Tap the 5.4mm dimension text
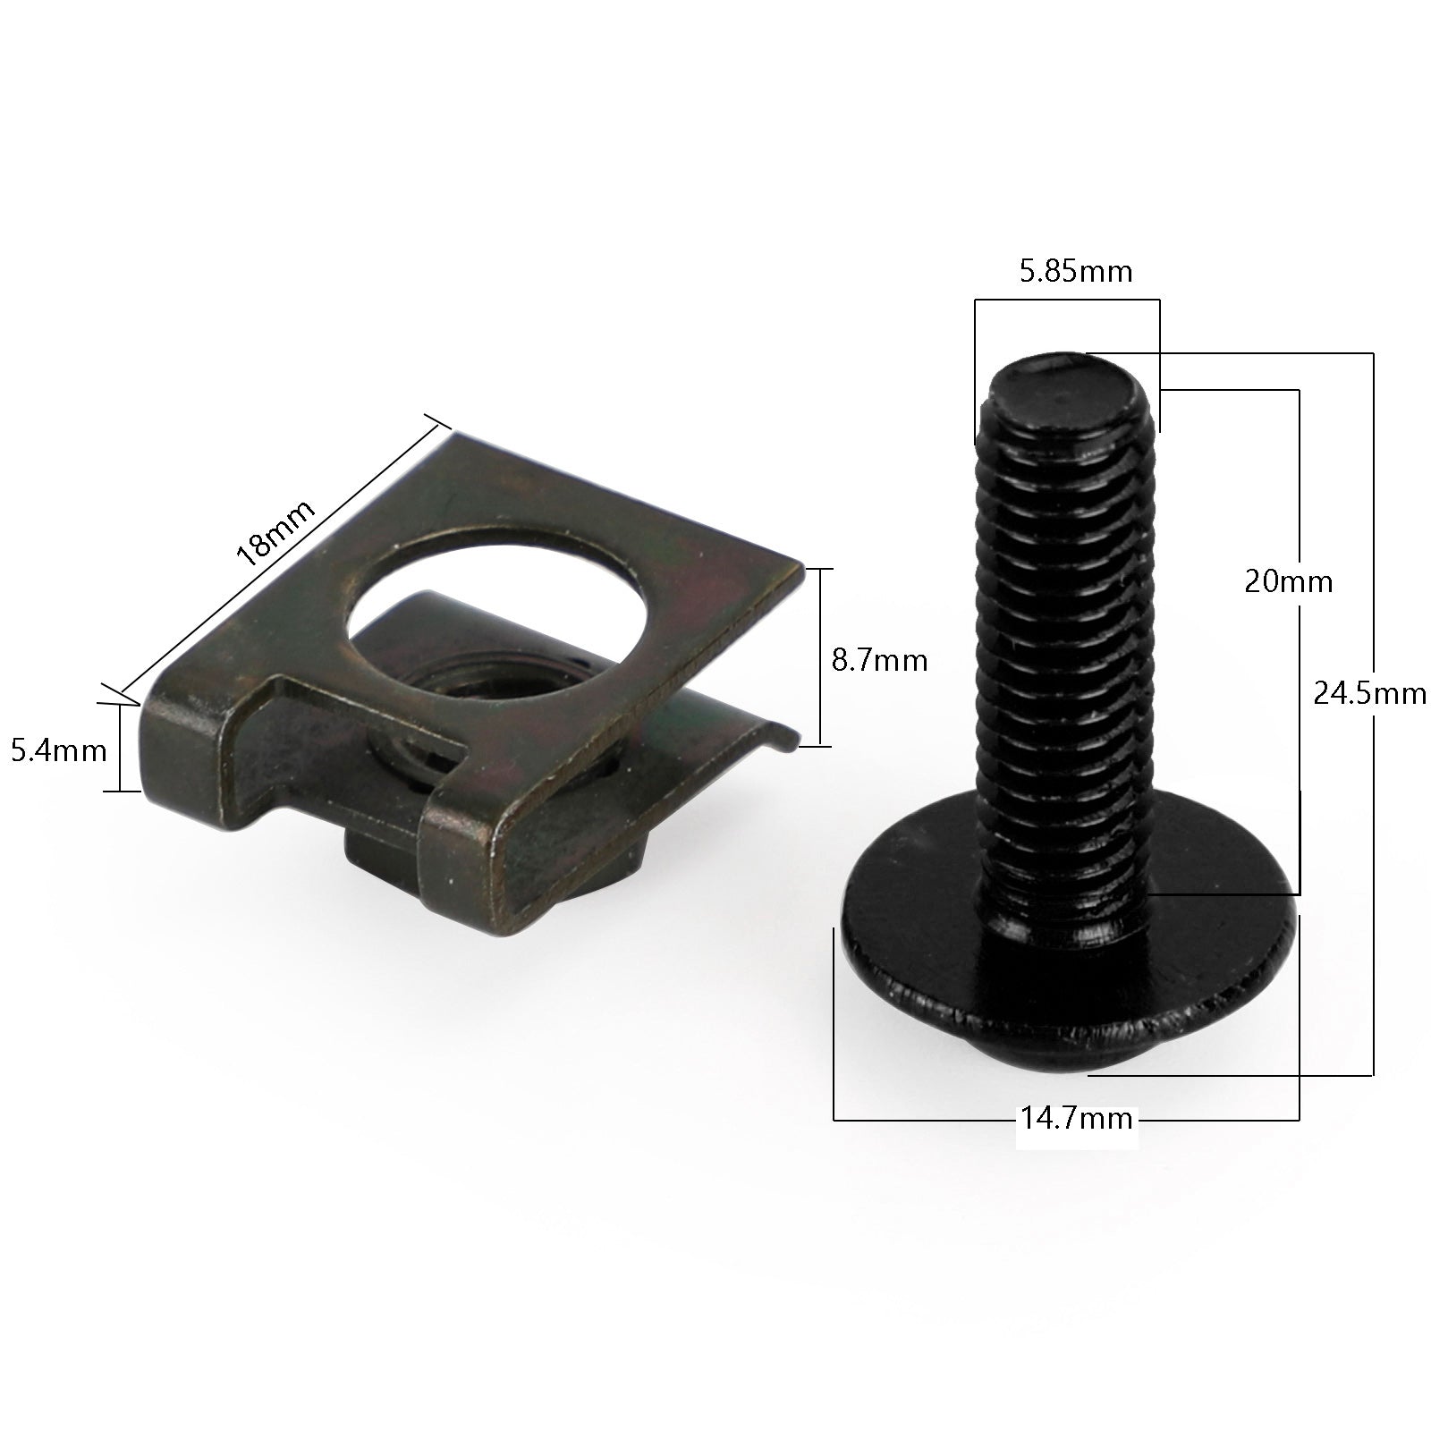59,749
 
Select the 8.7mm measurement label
879,661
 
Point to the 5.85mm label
1076,271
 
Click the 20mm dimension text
1288,582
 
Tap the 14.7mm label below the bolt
1077,1118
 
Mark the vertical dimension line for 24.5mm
1373,894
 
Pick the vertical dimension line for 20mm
1299,715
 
